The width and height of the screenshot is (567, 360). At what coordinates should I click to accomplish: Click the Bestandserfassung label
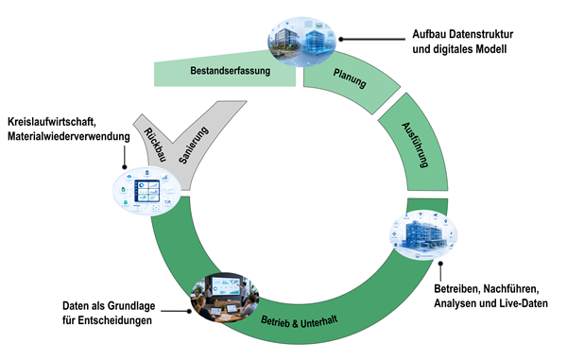tap(231, 71)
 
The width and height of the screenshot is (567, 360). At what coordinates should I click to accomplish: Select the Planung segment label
tap(350, 78)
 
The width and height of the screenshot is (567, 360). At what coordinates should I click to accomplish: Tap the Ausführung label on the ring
tap(415, 145)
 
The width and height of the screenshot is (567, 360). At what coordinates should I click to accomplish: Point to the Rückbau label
tap(155, 145)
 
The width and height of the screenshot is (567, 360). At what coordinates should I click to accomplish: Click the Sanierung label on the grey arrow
tap(194, 145)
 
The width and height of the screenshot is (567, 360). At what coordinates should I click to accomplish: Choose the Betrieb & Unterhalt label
tap(299, 321)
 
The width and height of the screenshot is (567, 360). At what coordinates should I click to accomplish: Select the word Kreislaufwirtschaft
tap(52, 122)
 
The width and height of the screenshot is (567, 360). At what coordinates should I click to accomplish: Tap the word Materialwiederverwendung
tap(69, 136)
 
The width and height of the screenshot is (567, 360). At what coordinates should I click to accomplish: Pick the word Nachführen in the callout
tap(511, 289)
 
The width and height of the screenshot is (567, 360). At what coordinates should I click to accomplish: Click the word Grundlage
tap(132, 306)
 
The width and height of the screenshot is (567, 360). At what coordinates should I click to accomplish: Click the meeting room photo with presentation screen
tap(225, 298)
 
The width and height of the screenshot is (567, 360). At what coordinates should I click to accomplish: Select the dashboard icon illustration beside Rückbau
tap(146, 191)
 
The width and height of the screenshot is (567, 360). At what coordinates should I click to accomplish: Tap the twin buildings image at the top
tap(302, 42)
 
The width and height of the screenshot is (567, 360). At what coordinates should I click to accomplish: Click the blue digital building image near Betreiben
tap(423, 234)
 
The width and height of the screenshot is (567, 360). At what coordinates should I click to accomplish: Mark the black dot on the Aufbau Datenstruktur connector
tap(340, 39)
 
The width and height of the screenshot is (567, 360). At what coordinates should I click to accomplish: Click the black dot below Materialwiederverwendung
tap(125, 167)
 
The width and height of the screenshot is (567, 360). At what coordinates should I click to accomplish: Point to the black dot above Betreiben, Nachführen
tap(440, 264)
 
